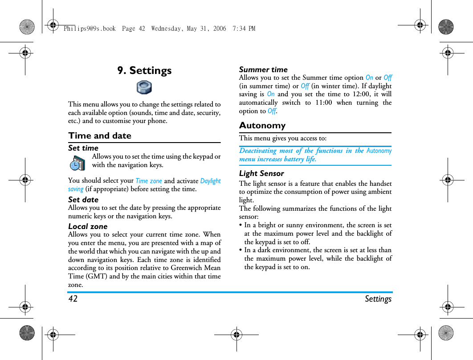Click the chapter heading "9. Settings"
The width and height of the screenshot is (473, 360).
coord(144,70)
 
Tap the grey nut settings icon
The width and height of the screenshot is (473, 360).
coord(144,87)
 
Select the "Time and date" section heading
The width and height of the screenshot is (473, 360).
coord(100,135)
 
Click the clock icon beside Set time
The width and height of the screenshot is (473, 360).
coord(77,163)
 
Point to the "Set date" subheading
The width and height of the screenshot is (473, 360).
coord(83,200)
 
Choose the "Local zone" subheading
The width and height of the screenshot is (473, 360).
coord(88,226)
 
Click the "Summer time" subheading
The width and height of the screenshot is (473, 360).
coord(263,70)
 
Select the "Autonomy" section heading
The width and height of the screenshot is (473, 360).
coord(262,125)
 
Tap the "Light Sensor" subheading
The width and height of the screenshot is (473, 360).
coord(261,173)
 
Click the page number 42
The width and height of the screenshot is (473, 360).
coord(73,299)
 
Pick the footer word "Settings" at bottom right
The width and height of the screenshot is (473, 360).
coord(378,299)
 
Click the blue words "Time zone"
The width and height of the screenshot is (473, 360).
coord(149,181)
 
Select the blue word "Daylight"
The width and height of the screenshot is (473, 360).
coord(210,181)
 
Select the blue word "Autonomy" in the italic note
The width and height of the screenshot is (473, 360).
coord(379,151)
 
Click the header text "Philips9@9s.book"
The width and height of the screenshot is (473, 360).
coord(90,29)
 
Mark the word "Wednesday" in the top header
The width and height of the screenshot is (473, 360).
coord(167,29)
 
